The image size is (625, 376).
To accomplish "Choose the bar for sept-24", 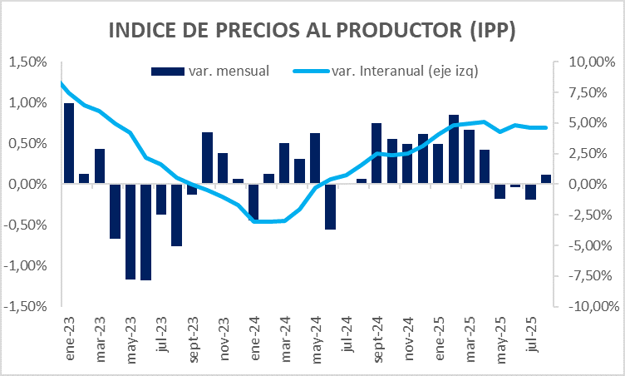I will [376, 153].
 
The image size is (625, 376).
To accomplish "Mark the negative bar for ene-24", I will [253, 201].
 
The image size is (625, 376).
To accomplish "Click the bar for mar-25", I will [469, 156].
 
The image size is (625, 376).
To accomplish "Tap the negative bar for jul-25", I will [530, 192].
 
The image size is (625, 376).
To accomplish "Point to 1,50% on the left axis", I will [26, 62].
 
